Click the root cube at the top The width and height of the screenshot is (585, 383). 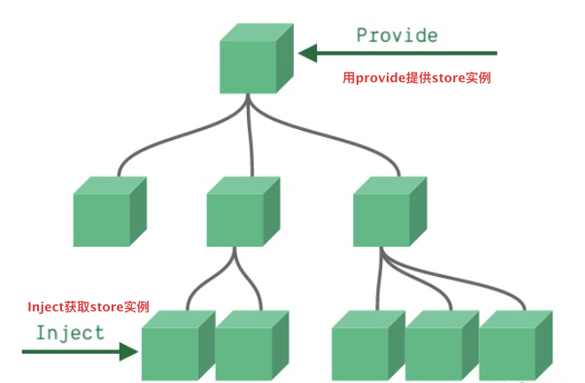257,60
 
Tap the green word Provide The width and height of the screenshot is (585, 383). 396,35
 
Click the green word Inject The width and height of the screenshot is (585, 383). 70,333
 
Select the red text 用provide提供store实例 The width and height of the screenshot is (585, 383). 417,78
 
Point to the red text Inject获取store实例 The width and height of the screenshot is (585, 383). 88,307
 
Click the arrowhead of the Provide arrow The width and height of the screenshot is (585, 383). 307,54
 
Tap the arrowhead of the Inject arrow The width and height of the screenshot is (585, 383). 131,351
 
